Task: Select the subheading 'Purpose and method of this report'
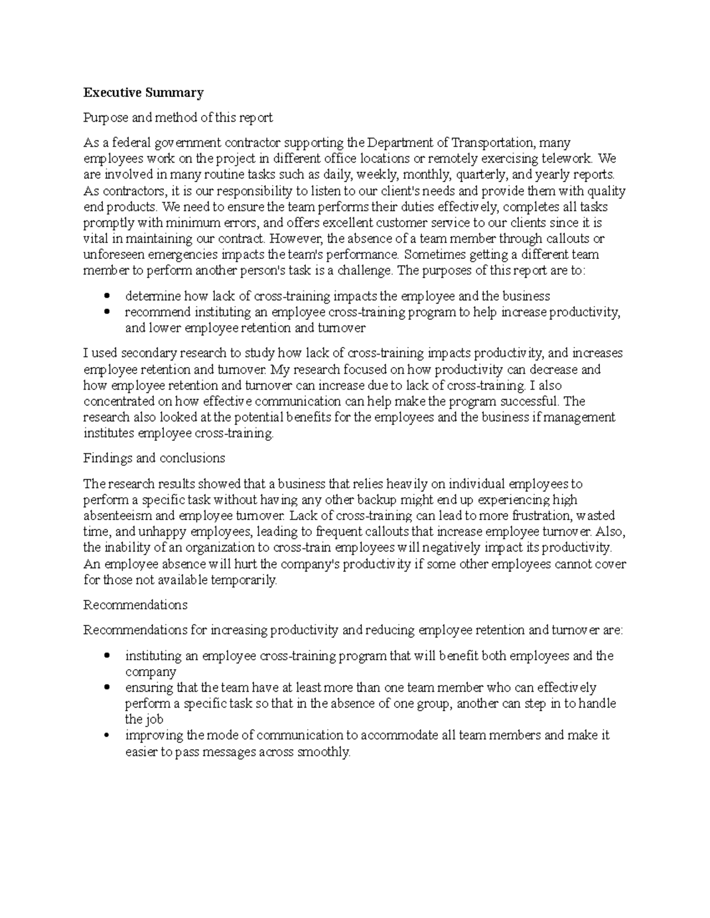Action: [177, 118]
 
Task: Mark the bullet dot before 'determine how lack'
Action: [106, 296]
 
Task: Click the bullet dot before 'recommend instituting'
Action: [106, 312]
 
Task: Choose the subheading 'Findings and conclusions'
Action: [154, 458]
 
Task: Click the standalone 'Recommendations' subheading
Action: [135, 605]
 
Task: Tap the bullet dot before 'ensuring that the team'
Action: [106, 688]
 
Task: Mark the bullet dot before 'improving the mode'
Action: [106, 736]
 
